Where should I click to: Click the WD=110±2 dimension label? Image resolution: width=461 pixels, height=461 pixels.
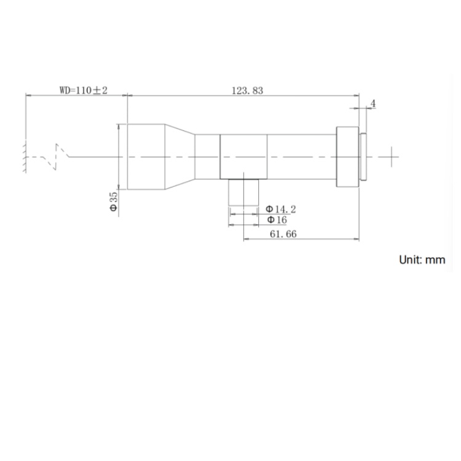[84, 90]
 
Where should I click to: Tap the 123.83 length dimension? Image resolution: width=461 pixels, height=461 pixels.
[247, 90]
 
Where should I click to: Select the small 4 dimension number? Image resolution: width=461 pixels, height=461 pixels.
[373, 103]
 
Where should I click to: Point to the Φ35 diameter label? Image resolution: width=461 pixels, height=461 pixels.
[114, 202]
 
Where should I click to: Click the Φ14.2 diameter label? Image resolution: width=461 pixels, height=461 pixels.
[281, 210]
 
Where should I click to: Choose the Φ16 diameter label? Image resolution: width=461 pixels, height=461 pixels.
[277, 219]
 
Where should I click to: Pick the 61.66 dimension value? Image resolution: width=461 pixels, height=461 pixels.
[283, 234]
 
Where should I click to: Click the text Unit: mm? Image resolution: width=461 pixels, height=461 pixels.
[422, 260]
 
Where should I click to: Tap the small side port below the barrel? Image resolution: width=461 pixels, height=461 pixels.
[244, 192]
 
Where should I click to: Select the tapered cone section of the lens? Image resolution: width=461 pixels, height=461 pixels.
[179, 157]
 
